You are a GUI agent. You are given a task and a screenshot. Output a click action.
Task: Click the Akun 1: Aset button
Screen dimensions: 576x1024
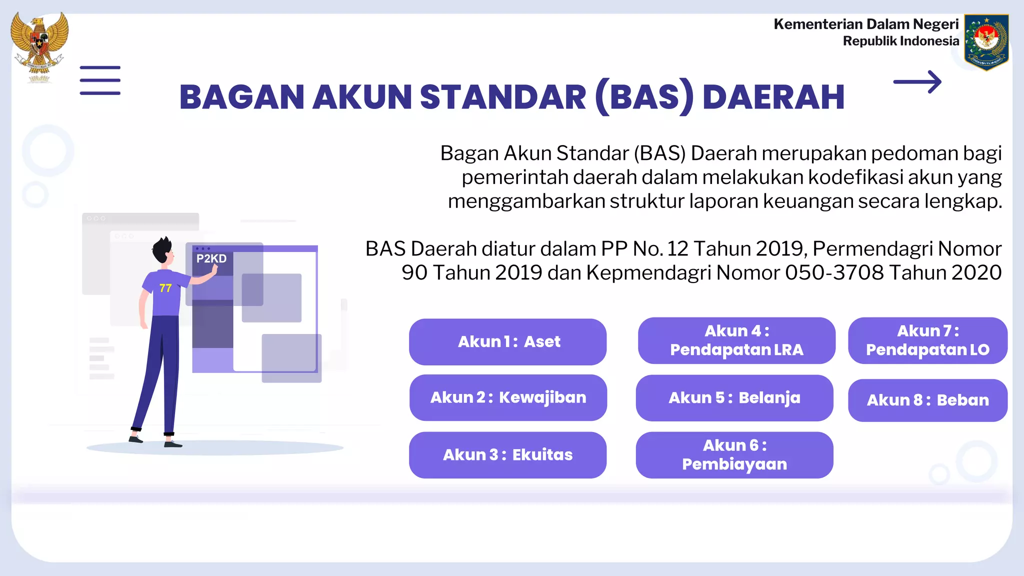(507, 341)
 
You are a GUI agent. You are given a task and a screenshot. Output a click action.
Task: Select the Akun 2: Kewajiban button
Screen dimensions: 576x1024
(508, 397)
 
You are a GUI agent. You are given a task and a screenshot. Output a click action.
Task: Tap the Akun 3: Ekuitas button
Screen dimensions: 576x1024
(507, 455)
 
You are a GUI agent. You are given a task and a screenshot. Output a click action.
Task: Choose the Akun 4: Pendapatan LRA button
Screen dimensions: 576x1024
(736, 340)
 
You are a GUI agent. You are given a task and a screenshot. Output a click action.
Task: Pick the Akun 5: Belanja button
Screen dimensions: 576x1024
(734, 398)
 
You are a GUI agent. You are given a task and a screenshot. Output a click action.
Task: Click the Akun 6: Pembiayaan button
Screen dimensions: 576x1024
(734, 455)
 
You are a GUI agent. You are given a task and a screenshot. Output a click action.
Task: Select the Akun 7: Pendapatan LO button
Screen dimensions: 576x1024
(927, 340)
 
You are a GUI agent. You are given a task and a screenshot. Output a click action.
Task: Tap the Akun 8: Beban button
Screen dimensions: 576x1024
(927, 400)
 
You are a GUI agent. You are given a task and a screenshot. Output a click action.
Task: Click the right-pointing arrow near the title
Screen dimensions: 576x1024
(917, 82)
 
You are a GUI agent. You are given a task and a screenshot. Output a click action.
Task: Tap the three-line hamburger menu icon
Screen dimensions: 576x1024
(100, 80)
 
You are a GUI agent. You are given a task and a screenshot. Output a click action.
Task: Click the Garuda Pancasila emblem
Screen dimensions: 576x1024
(39, 46)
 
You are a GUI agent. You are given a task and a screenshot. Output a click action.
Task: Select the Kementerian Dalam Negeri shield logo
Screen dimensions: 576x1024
(986, 42)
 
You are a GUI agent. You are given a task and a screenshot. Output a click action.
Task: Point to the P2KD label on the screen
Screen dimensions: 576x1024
(211, 258)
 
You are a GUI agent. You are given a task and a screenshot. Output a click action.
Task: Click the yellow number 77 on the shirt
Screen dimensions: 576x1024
(165, 288)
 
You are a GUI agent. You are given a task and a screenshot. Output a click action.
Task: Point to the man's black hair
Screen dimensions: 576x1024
(161, 248)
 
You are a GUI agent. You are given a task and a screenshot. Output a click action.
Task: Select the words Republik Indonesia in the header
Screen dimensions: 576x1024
(901, 41)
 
